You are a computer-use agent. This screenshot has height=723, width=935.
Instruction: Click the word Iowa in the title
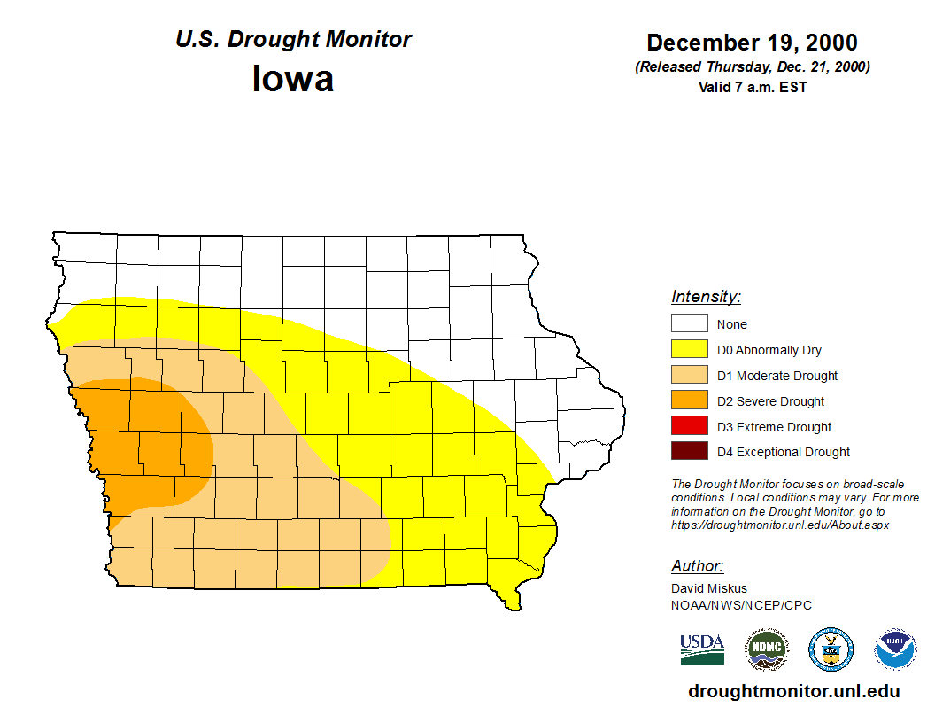[293, 79]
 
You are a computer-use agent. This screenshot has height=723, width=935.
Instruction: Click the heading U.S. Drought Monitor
[293, 40]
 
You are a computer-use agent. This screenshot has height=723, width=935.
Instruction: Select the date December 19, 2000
[752, 43]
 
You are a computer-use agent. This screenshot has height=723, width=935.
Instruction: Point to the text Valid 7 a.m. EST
[752, 87]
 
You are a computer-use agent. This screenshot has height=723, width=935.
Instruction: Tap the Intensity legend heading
[706, 297]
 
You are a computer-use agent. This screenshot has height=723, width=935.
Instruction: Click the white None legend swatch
[689, 324]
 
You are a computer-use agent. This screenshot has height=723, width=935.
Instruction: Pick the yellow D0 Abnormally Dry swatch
[689, 350]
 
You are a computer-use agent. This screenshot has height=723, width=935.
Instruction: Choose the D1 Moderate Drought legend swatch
[689, 376]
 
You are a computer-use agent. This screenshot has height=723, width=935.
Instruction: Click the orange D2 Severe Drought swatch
[689, 401]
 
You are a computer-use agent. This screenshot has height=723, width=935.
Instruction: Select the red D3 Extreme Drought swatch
[689, 427]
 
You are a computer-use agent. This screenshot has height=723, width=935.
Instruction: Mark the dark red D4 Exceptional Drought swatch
[689, 452]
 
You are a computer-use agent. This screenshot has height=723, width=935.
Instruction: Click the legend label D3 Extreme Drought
[774, 427]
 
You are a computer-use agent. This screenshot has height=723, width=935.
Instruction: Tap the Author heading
[697, 566]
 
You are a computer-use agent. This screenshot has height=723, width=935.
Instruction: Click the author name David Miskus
[709, 588]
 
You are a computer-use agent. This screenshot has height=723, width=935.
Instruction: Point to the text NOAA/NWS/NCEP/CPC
[741, 605]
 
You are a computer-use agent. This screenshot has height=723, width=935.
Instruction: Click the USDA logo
[702, 649]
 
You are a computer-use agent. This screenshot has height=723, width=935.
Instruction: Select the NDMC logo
[766, 650]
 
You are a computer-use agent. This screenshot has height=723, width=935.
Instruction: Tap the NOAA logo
[895, 650]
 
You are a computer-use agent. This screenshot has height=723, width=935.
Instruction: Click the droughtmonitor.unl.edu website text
[793, 692]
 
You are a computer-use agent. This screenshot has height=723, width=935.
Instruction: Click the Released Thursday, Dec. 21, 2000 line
[752, 67]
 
